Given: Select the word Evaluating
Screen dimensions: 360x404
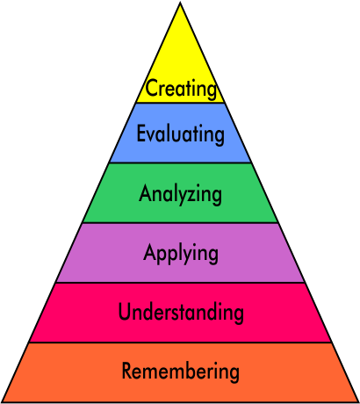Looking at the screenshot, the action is (181, 134).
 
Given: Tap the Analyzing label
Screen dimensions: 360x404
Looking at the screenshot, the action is (180, 194).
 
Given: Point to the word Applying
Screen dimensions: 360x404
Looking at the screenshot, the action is (181, 254).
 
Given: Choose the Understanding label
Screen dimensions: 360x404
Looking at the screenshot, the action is (181, 312).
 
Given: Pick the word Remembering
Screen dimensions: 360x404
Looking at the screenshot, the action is (181, 372).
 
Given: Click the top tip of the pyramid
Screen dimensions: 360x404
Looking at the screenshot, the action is (180, 3).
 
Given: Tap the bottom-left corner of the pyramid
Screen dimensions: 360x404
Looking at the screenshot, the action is (2, 402).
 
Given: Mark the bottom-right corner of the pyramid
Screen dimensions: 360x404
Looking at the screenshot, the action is (358, 402).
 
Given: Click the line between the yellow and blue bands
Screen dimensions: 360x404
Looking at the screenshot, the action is (180, 103).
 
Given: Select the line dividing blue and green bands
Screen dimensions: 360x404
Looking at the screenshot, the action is (180, 162).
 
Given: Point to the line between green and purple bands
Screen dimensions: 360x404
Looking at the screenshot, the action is (180, 222).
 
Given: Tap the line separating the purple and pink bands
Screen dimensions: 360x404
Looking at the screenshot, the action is (180, 283).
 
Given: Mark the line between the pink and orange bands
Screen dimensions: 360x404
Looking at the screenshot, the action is (180, 343).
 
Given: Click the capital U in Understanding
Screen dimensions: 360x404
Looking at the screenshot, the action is (124, 311).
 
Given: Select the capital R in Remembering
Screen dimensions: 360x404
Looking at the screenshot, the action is (127, 371).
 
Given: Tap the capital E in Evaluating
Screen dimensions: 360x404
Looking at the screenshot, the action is (141, 133).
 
